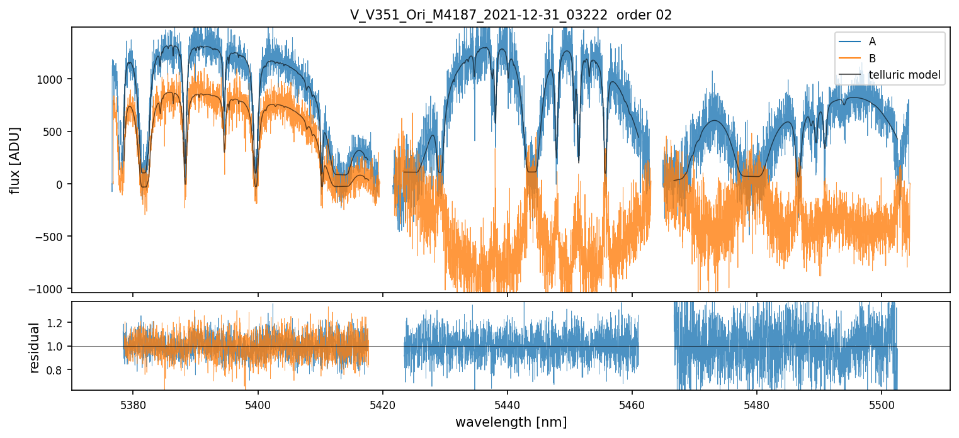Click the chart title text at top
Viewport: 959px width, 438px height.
tap(511, 15)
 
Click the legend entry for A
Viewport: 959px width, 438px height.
tap(872, 42)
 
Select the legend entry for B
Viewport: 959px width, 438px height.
tap(872, 59)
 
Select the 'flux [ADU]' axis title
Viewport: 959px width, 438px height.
tap(14, 160)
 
